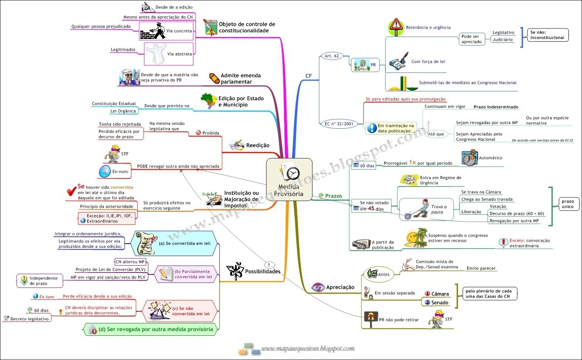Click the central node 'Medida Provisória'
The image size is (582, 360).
289,179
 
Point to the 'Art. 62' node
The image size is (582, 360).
331,56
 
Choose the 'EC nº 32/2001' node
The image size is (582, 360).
339,124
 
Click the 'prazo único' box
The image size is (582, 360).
568,204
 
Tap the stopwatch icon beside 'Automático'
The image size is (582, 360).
469,158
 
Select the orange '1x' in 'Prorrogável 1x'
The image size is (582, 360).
412,162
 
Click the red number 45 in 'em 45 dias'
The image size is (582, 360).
371,209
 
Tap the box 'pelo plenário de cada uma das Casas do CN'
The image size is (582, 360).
488,294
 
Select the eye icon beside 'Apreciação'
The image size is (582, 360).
318,287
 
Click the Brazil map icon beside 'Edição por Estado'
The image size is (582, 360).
209,101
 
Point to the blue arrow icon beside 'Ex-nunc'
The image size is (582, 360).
105,172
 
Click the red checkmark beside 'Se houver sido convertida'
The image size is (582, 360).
71,191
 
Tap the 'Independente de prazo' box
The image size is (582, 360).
40,281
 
